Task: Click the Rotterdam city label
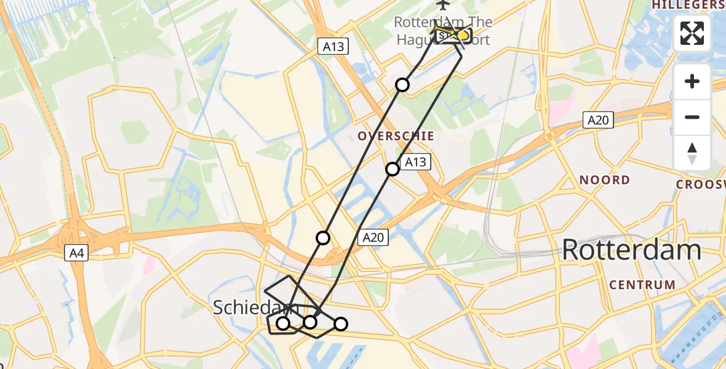tap(631, 250)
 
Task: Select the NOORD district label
tap(605, 180)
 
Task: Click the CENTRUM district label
tap(642, 285)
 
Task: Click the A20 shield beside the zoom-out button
tap(597, 120)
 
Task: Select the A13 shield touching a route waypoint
tap(415, 162)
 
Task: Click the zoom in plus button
tap(692, 82)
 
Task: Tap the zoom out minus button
tap(692, 117)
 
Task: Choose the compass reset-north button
tap(692, 153)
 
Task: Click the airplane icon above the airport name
tap(442, 5)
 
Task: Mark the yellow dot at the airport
tap(463, 36)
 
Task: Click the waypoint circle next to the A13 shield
tap(393, 169)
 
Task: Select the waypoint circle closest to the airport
tap(402, 85)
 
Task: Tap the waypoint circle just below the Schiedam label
tap(283, 323)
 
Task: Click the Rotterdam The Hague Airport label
tap(443, 31)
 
